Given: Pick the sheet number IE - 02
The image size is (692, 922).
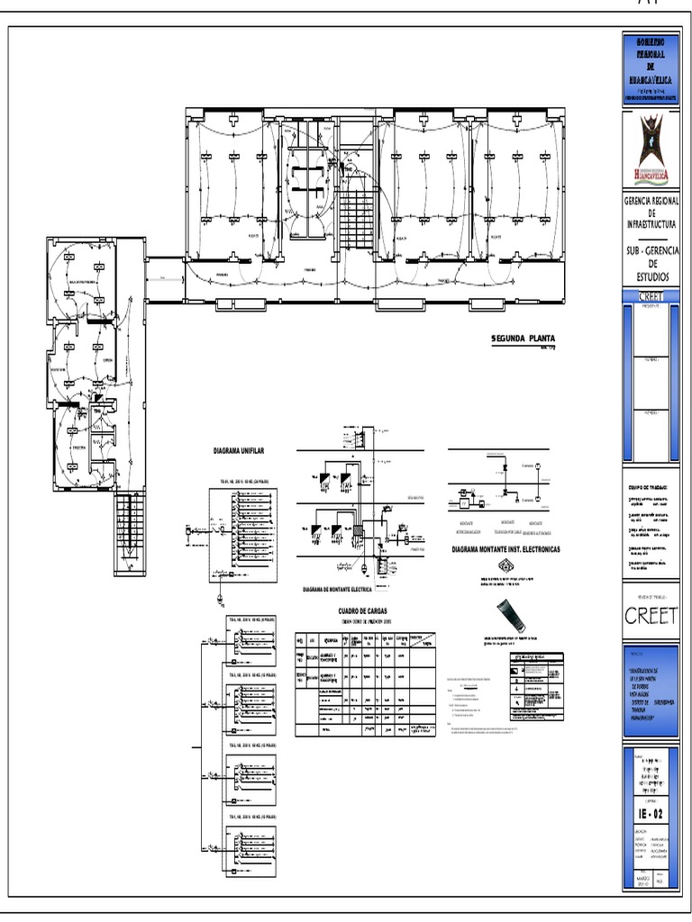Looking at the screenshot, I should click(x=651, y=816).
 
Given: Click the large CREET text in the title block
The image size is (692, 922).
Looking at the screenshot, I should click(x=651, y=616).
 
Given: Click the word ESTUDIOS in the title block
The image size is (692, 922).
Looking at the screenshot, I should click(x=651, y=276).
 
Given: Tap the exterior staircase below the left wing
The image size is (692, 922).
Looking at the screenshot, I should click(x=128, y=531).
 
